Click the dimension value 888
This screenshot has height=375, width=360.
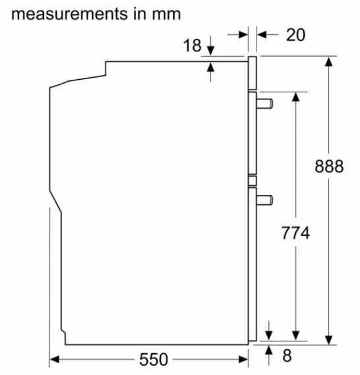pyautogui.click(x=328, y=166)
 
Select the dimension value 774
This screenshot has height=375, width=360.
pyautogui.click(x=295, y=233)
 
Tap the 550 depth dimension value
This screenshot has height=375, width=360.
pyautogui.click(x=153, y=360)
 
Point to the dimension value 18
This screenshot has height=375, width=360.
pyautogui.click(x=192, y=45)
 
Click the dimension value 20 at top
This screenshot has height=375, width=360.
pyautogui.click(x=295, y=34)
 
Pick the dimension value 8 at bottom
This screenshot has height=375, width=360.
pyautogui.click(x=286, y=356)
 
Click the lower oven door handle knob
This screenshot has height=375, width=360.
pyautogui.click(x=266, y=198)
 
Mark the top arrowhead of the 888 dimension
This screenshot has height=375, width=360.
pyautogui.click(x=328, y=62)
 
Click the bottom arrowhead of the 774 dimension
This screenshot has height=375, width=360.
pyautogui.click(x=295, y=335)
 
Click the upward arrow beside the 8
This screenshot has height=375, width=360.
pyautogui.click(x=269, y=352)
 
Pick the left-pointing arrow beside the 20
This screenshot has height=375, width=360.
pyautogui.click(x=260, y=34)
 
